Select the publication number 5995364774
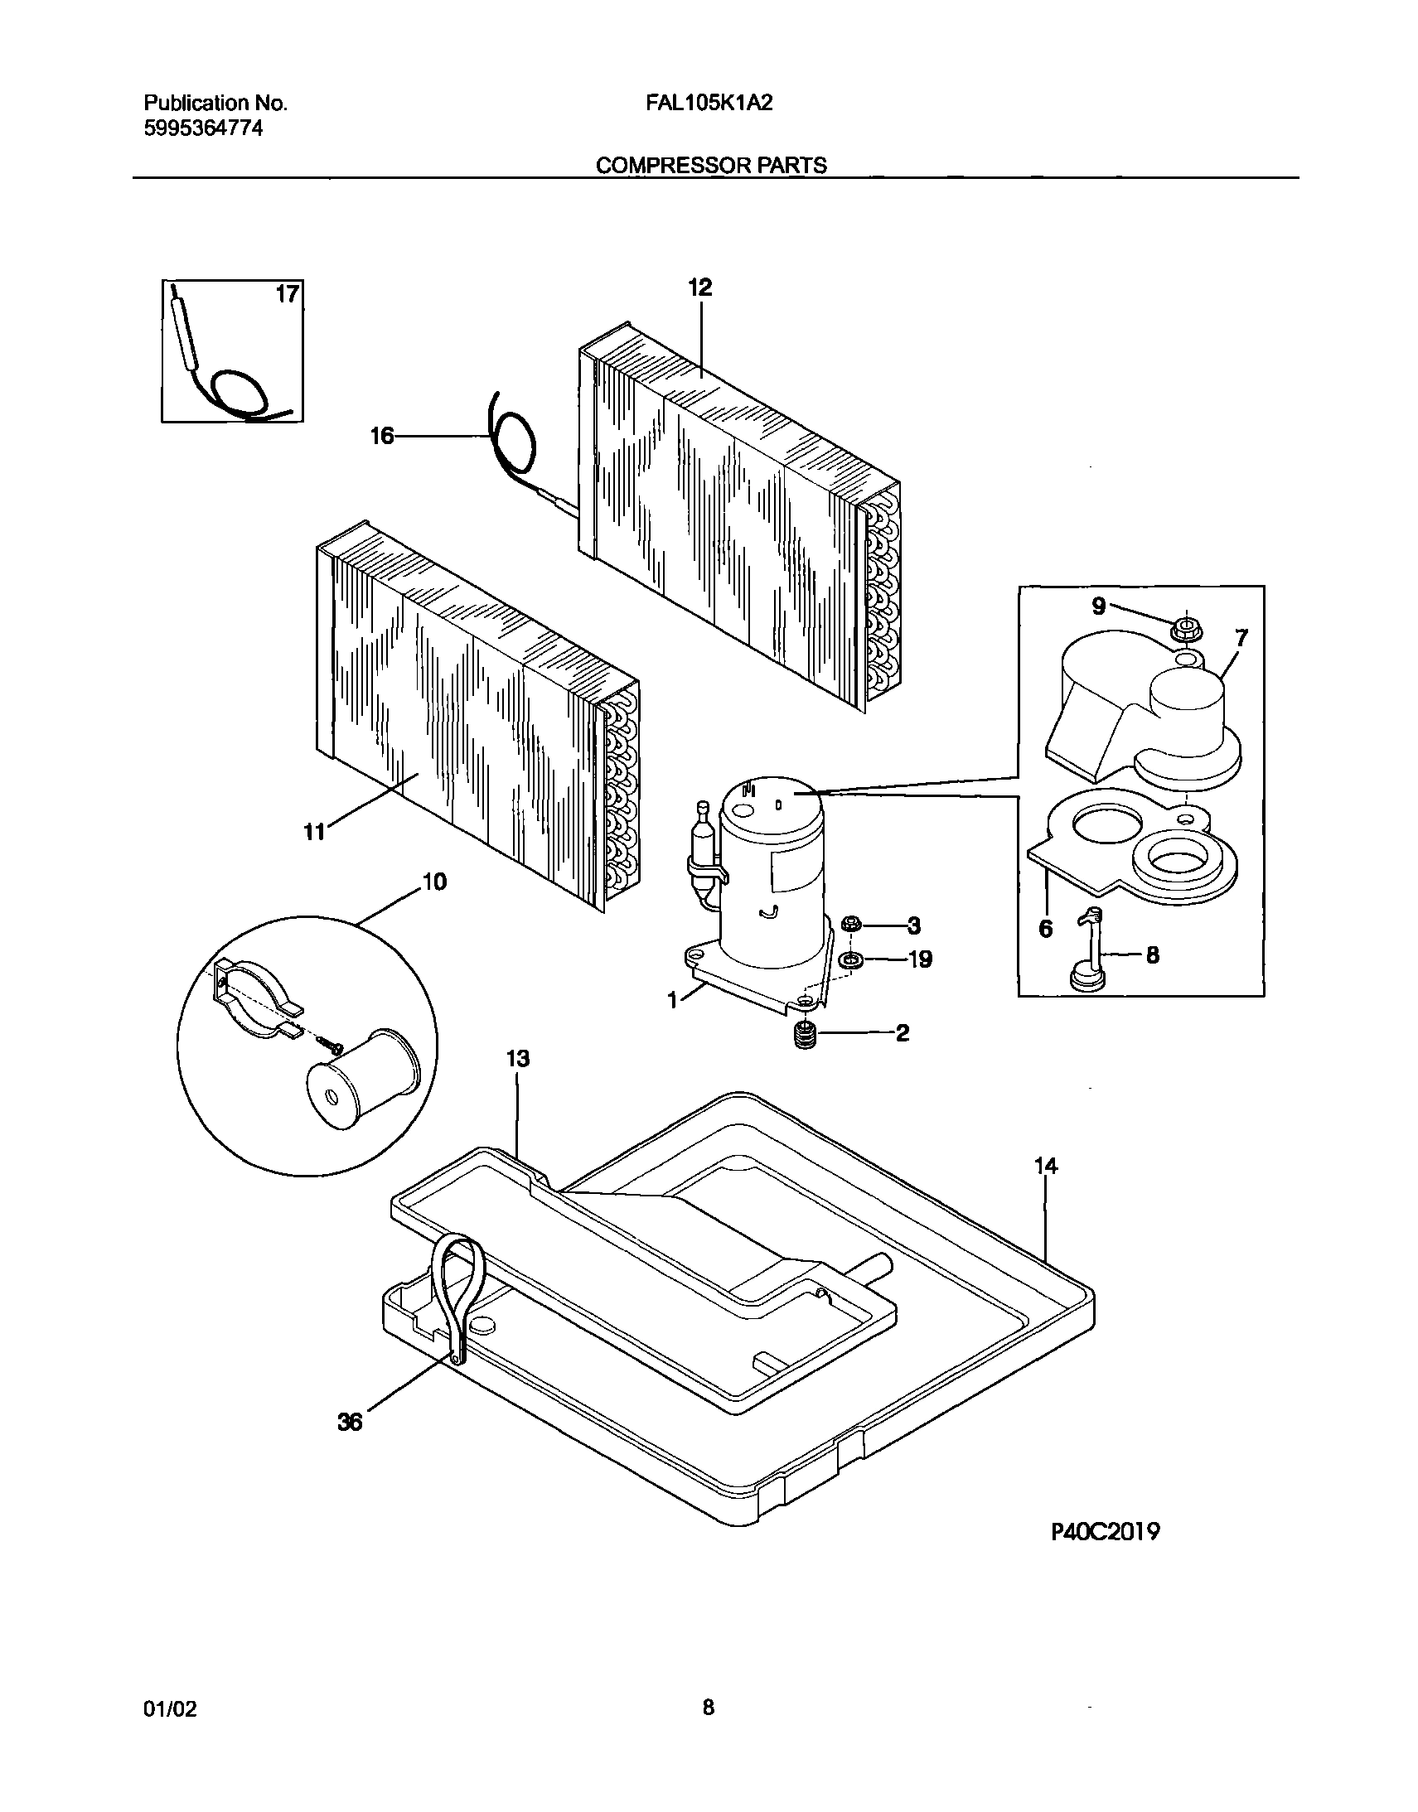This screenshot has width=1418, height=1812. click(202, 128)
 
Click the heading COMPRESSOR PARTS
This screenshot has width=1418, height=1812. click(712, 165)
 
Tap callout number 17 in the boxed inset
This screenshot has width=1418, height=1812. click(287, 294)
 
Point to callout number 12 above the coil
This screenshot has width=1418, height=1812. click(699, 288)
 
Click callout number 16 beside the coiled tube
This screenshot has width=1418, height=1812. click(382, 436)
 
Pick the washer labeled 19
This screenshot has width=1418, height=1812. click(850, 959)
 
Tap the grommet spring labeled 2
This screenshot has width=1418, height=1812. click(802, 1036)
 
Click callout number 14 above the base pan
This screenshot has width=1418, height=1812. click(1046, 1167)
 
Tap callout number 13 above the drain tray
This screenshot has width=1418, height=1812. click(518, 1059)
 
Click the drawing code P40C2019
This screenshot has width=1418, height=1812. click(1105, 1532)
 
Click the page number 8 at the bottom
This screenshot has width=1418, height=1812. click(708, 1708)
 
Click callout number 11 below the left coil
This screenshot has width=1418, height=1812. click(314, 832)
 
